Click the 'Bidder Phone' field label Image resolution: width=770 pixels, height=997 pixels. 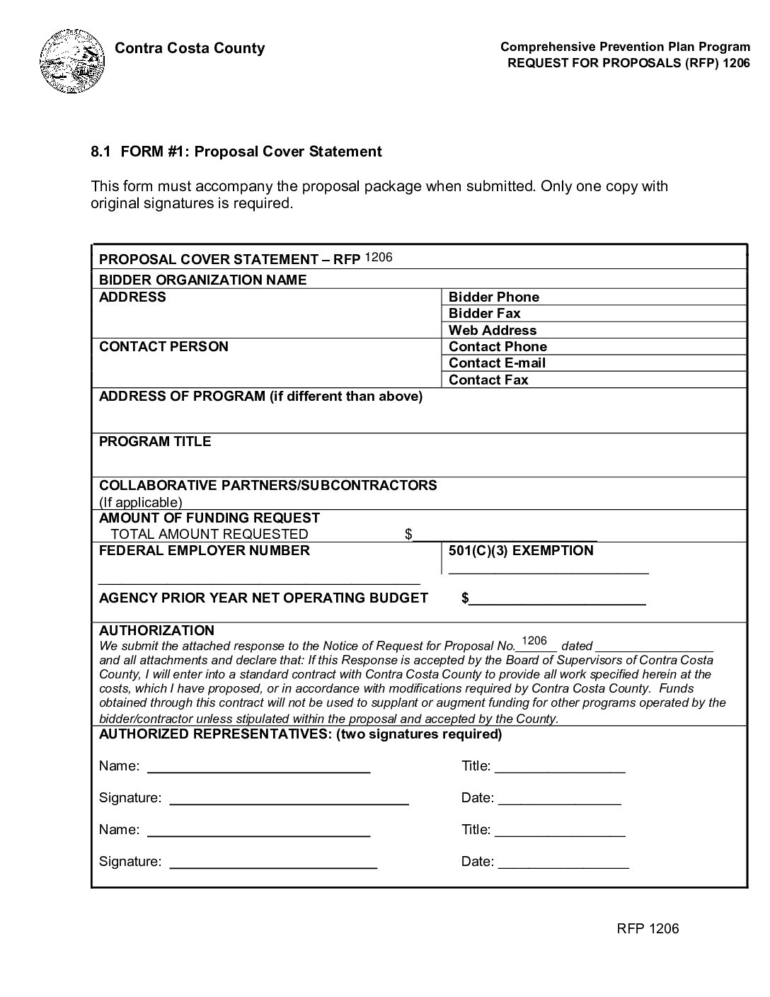(493, 297)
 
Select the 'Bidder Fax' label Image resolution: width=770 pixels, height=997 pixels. (484, 313)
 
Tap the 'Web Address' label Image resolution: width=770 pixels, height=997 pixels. (492, 330)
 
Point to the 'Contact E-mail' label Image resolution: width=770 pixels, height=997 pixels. (497, 363)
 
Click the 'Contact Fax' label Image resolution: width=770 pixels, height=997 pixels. (488, 380)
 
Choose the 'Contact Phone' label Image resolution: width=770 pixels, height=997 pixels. (498, 346)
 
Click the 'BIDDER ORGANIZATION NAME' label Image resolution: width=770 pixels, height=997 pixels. (202, 280)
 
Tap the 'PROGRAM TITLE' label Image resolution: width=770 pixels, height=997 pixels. (155, 441)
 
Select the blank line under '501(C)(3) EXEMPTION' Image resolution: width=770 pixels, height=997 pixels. (548, 570)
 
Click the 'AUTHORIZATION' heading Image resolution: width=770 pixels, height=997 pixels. (156, 630)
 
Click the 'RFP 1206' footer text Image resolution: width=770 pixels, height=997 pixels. (647, 928)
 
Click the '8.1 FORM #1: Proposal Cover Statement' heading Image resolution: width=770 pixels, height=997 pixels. (236, 152)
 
